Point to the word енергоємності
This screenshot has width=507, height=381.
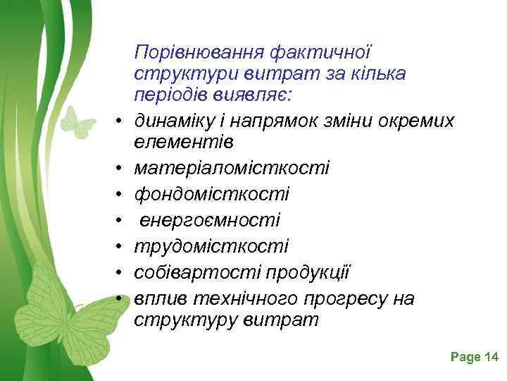tap(210, 220)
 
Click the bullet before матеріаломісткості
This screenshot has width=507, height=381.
tap(119, 169)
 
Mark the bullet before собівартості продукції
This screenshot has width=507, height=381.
tap(119, 273)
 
